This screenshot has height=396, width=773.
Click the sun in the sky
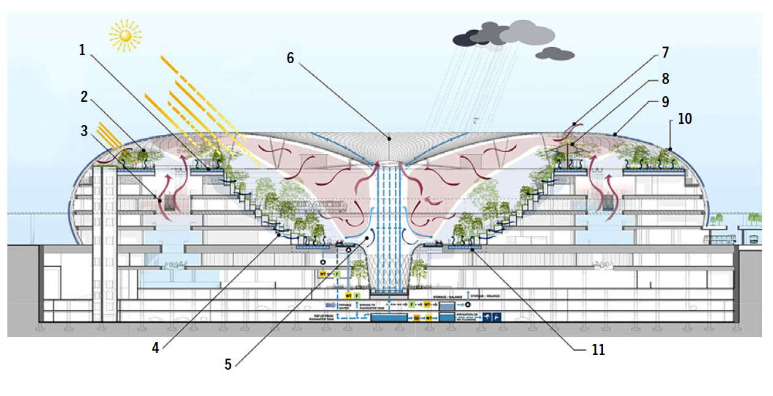(126, 36)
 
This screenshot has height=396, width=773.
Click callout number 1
(83, 50)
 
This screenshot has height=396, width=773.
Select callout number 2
(85, 97)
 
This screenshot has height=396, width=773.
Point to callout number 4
(156, 348)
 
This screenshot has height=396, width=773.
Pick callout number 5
(228, 364)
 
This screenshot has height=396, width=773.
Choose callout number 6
(291, 58)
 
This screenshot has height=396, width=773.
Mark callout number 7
(664, 53)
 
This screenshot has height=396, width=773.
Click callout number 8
(664, 79)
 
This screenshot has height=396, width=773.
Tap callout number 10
(684, 118)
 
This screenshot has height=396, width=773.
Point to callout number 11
(598, 349)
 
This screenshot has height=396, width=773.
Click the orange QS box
(416, 318)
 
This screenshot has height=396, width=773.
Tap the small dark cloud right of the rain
(554, 54)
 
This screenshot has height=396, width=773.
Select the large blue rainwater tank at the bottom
(389, 318)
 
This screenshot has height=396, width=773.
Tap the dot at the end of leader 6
(388, 139)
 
